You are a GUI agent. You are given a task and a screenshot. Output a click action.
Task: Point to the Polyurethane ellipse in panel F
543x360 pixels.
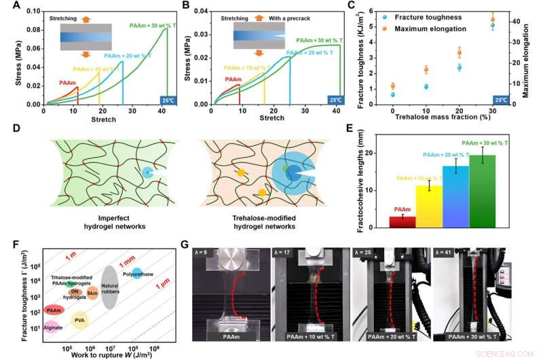(136, 274)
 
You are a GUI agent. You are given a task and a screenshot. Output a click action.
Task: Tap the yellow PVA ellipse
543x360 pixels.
(79, 319)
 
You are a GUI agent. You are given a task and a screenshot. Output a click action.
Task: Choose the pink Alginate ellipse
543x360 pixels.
(53, 327)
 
